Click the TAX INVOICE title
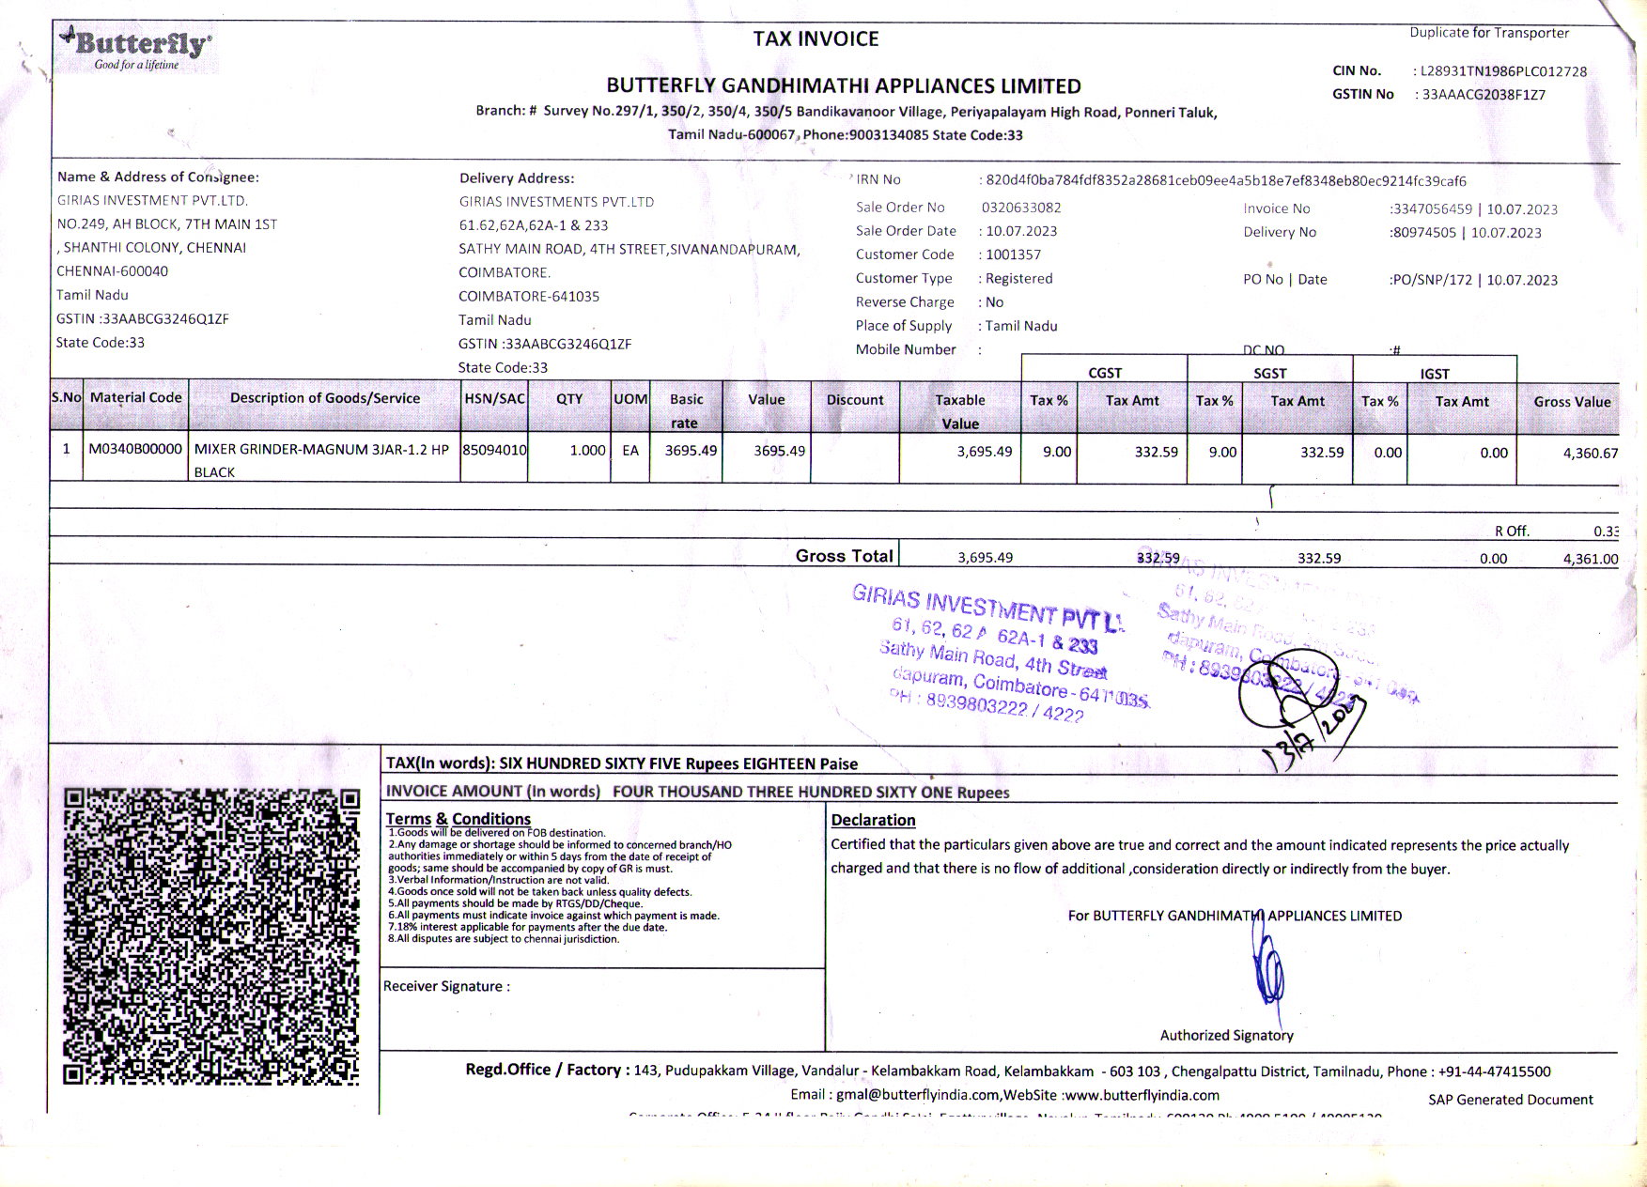[x=816, y=39]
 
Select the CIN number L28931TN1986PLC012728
[x=1503, y=71]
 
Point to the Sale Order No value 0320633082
[x=1021, y=208]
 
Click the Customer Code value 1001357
[x=1013, y=254]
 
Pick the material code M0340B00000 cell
[x=135, y=449]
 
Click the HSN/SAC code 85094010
[x=494, y=450]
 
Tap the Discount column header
[x=855, y=400]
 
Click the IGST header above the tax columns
[x=1434, y=374]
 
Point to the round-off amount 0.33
[x=1605, y=532]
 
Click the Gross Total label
[x=844, y=556]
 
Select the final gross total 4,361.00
[x=1590, y=559]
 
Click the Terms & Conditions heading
[x=458, y=819]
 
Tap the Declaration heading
[x=873, y=820]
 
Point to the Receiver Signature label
[x=446, y=986]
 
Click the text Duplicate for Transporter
[x=1488, y=33]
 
